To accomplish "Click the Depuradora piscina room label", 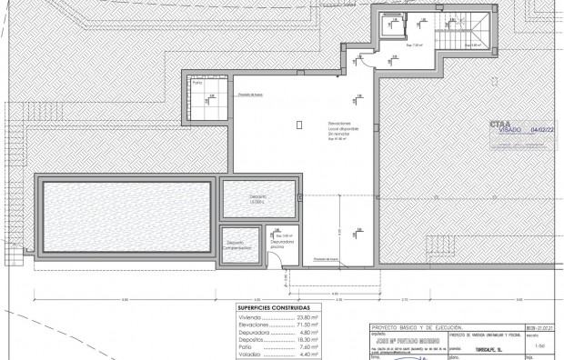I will (x=283, y=244).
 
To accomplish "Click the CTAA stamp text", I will (x=499, y=123).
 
